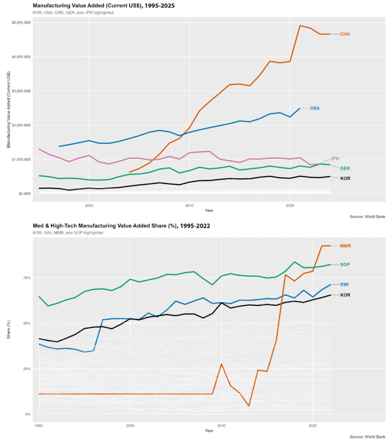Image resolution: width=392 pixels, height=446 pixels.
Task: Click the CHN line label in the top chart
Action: pyautogui.click(x=345, y=34)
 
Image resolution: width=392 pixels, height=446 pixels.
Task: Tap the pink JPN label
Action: pyautogui.click(x=335, y=159)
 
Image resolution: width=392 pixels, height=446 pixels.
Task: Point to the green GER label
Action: pyautogui.click(x=345, y=168)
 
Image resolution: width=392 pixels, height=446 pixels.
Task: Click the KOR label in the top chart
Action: pyautogui.click(x=345, y=178)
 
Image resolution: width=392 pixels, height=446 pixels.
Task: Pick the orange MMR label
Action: pyautogui.click(x=345, y=246)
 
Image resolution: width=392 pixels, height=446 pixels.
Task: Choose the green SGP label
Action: pyautogui.click(x=345, y=264)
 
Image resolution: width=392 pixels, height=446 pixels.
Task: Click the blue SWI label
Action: pyautogui.click(x=345, y=284)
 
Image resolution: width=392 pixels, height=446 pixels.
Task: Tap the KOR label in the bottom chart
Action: pyautogui.click(x=345, y=295)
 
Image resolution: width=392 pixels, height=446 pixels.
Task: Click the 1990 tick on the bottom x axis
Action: pyautogui.click(x=39, y=423)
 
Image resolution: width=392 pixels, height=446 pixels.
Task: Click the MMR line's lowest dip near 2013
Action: pyautogui.click(x=249, y=406)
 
